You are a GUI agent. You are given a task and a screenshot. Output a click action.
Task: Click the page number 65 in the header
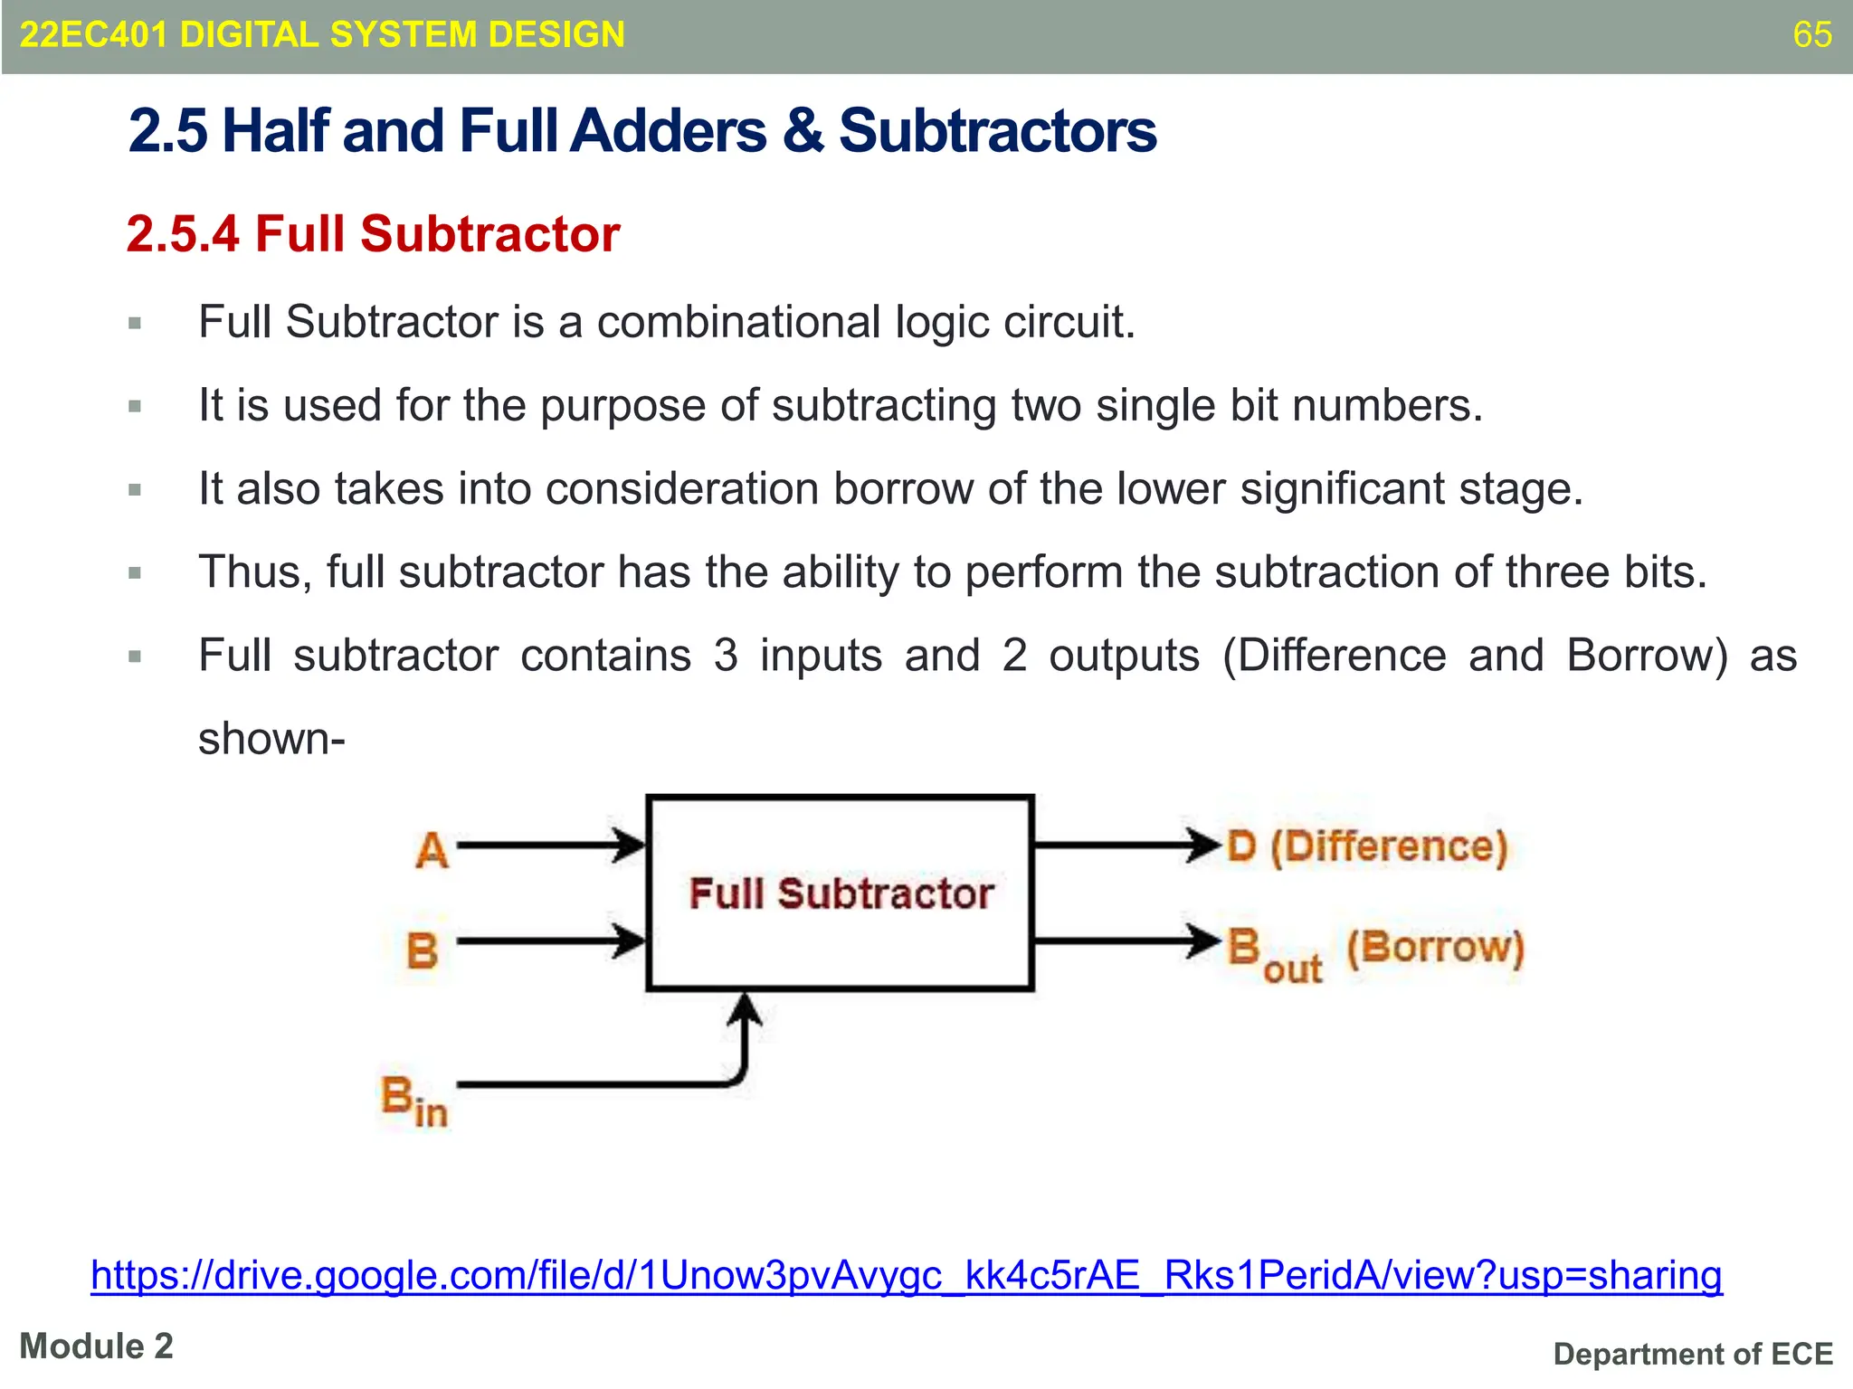pyautogui.click(x=1811, y=34)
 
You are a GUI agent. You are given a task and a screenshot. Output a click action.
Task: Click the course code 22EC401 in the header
pyautogui.click(x=93, y=34)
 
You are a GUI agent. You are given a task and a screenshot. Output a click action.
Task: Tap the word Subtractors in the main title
pyautogui.click(x=997, y=131)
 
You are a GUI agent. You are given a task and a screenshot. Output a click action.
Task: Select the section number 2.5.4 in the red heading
pyautogui.click(x=183, y=234)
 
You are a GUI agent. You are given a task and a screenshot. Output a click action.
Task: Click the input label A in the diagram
pyautogui.click(x=432, y=850)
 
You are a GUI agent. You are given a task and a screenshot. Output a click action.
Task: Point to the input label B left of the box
pyautogui.click(x=422, y=950)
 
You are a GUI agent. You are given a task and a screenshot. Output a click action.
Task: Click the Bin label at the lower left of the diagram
pyautogui.click(x=413, y=1101)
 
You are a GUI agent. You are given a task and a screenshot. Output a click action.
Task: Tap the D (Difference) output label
pyautogui.click(x=1367, y=847)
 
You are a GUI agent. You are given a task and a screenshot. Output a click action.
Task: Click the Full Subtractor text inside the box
pyautogui.click(x=841, y=893)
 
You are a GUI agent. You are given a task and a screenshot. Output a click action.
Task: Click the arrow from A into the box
pyautogui.click(x=552, y=846)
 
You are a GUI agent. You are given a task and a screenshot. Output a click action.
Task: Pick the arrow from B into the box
pyautogui.click(x=552, y=940)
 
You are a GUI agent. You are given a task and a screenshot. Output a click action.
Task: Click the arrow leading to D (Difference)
pyautogui.click(x=1126, y=846)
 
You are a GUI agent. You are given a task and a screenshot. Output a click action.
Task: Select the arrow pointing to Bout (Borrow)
pyautogui.click(x=1126, y=940)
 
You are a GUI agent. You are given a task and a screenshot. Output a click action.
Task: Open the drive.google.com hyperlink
pyautogui.click(x=906, y=1275)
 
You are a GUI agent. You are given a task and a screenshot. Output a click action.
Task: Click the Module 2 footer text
pyautogui.click(x=96, y=1346)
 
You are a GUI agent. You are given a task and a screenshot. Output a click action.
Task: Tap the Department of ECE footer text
pyautogui.click(x=1692, y=1354)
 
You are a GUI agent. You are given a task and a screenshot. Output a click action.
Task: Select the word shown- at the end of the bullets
pyautogui.click(x=271, y=739)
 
